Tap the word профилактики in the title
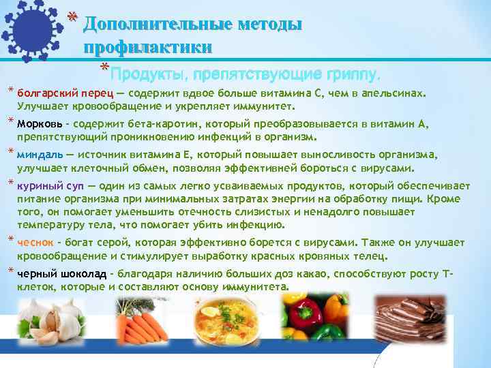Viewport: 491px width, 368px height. click(x=147, y=47)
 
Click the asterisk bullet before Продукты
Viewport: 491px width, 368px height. click(x=104, y=68)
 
